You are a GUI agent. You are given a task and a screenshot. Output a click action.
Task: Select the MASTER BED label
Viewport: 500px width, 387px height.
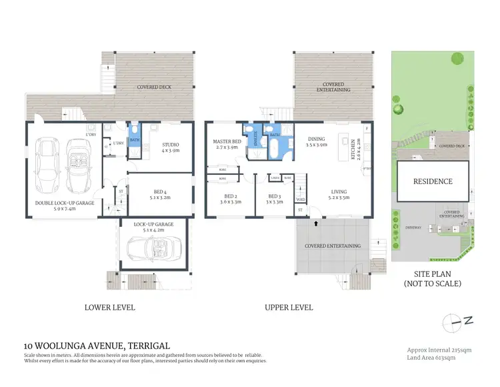pos(227,141)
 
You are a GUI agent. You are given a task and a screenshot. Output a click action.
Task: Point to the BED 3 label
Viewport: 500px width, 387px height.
pos(274,198)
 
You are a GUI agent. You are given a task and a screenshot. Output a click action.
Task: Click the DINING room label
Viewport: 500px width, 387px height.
pos(317,141)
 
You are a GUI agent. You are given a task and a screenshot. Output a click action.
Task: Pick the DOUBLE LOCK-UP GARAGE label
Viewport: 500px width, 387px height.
pos(65,203)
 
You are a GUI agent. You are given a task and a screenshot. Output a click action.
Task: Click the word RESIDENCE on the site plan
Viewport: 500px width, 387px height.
pos(432,181)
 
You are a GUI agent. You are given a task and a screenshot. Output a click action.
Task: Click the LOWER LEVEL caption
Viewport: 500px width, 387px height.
pos(110,308)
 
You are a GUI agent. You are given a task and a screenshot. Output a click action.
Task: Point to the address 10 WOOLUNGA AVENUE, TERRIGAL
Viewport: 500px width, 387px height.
pos(97,345)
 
